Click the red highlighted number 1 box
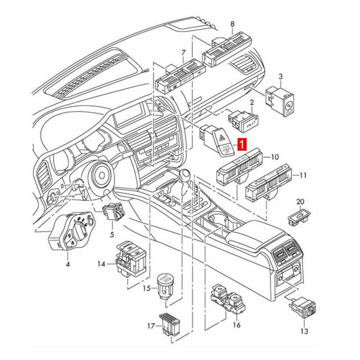point(242,145)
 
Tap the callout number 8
point(232,24)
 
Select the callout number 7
point(183,54)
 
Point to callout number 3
point(280,76)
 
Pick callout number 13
point(304,332)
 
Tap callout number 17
point(152,325)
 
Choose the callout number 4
point(67,264)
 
